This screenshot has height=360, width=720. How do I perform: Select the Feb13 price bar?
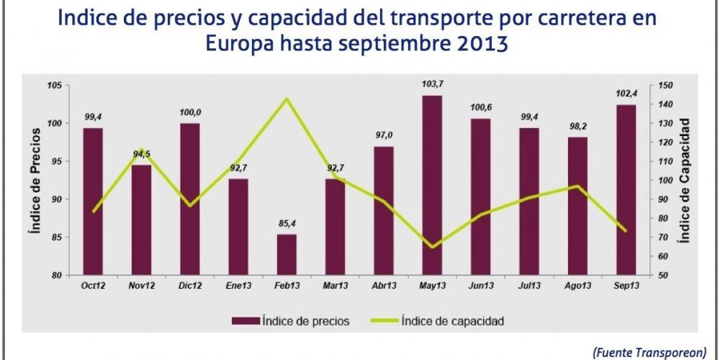click(x=287, y=255)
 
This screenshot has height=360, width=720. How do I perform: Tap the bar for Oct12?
click(x=93, y=202)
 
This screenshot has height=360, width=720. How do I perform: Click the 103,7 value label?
click(x=433, y=86)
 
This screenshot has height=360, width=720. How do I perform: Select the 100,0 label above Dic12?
click(x=190, y=113)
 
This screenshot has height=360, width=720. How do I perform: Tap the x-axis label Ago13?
click(x=577, y=286)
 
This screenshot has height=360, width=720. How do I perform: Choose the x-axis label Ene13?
click(x=238, y=286)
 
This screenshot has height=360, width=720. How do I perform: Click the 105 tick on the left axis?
click(x=55, y=85)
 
